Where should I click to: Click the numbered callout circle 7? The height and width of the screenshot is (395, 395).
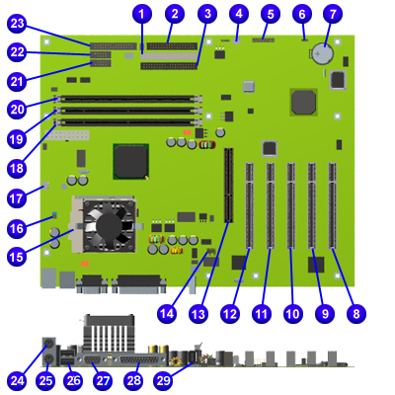333,14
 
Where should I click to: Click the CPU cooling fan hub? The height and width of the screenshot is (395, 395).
109,225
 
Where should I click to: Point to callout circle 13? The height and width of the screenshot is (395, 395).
198,314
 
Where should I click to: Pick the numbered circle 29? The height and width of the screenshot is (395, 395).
163,381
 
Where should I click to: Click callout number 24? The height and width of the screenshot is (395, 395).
18,381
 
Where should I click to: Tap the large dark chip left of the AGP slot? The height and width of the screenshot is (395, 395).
130,161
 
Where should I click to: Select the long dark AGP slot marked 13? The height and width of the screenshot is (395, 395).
229,186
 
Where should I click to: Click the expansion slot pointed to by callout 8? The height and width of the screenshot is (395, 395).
333,205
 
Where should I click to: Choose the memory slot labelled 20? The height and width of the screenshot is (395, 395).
128,99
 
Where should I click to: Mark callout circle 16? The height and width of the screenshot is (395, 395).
17,229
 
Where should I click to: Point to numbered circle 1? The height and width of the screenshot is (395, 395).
142,14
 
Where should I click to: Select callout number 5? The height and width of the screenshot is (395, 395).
271,14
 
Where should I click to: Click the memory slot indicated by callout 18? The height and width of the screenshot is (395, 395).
128,122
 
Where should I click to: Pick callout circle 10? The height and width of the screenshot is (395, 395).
293,314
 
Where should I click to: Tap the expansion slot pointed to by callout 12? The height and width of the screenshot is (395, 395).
250,205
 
